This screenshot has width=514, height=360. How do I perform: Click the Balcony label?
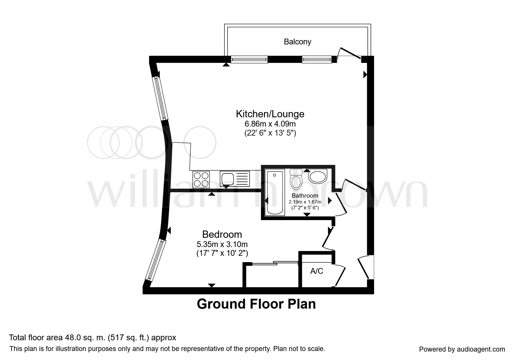tap(297, 42)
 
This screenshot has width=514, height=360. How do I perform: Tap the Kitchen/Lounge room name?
tap(270, 114)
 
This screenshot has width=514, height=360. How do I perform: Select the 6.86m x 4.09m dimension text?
tap(270, 124)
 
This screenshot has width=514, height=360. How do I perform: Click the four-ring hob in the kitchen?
tap(201, 179)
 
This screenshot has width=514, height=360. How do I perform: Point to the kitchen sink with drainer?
tap(235, 179)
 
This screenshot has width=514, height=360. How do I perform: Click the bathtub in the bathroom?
tap(274, 193)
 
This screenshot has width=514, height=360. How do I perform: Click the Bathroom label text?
tap(305, 196)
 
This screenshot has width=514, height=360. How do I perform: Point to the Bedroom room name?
tap(222, 234)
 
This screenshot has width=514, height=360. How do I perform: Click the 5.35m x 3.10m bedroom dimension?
tap(222, 244)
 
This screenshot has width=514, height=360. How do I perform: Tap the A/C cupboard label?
tap(317, 271)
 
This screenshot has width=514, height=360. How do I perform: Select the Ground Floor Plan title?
tap(256, 304)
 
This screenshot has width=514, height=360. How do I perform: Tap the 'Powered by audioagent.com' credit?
tap(462, 349)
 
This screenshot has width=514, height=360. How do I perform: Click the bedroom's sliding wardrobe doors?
tap(275, 263)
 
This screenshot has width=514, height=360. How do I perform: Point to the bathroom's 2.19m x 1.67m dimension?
tap(305, 202)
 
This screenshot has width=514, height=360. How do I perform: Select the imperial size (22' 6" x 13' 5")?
tap(270, 133)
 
